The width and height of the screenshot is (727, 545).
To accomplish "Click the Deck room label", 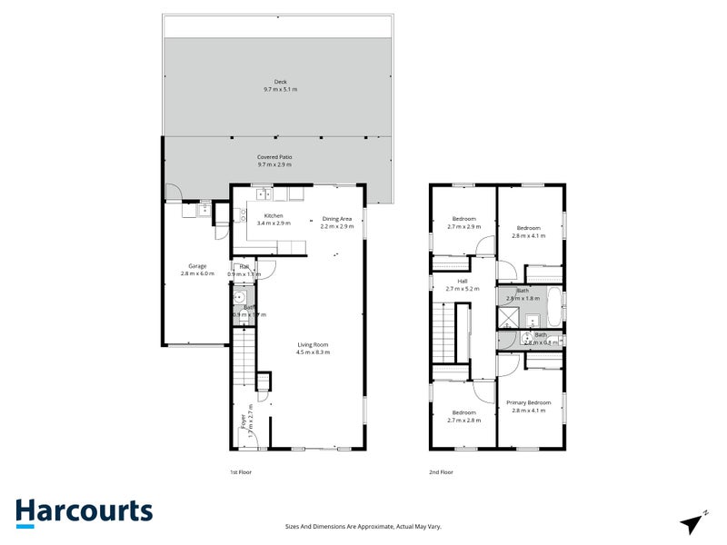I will click(280, 85).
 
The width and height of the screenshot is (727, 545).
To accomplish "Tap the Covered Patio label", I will click(280, 161).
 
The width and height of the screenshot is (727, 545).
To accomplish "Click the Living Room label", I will click(313, 348).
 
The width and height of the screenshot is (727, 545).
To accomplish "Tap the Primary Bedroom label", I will click(528, 406).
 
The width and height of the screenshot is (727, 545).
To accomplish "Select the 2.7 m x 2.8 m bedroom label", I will click(463, 416).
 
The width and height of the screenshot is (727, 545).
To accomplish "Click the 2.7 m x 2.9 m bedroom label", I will click(463, 223).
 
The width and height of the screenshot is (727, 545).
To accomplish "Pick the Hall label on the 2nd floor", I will click(463, 285).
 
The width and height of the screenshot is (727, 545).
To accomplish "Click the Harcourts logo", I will click(84, 511).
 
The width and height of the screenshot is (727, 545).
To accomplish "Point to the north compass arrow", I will click(693, 520).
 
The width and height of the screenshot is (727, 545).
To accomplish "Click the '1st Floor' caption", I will click(241, 472).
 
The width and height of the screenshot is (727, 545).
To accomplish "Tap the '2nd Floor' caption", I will click(441, 472).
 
